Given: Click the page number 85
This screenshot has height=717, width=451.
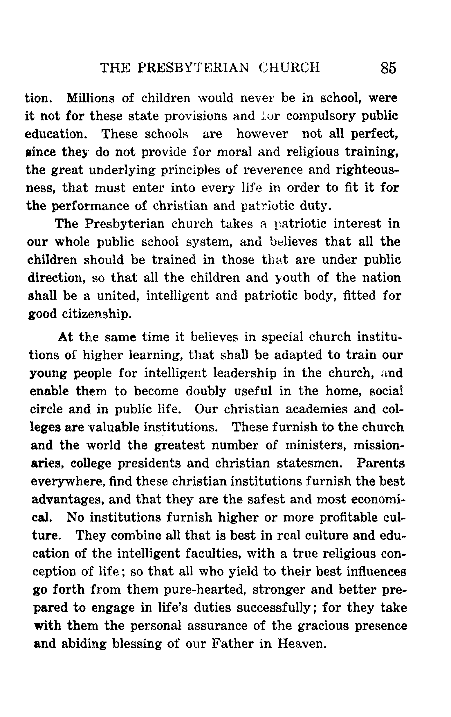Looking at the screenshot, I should (388, 68).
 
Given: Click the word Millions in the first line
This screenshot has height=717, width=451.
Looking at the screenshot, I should (91, 98).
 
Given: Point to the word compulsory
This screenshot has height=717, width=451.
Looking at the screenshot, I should (320, 116).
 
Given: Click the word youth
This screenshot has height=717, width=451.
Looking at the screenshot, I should (292, 278).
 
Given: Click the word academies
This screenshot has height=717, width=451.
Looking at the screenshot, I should (316, 409).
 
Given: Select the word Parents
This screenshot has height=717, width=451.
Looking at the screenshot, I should (380, 463).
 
